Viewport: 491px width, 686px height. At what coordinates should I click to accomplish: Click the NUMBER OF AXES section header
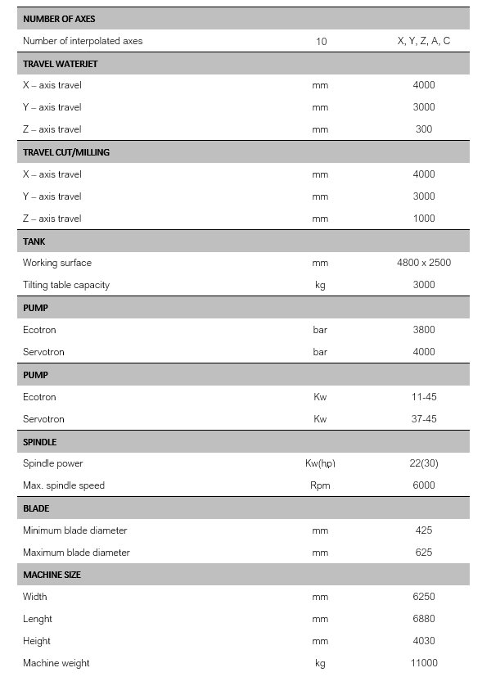click(59, 18)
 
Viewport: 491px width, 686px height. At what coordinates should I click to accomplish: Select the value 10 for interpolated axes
click(321, 41)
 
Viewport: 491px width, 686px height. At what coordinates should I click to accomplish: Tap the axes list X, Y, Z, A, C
click(423, 40)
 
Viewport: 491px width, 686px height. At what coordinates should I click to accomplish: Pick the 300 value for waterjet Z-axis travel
click(423, 129)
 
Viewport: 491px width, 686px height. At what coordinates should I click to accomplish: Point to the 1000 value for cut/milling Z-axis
click(423, 219)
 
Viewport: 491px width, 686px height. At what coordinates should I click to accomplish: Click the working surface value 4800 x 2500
click(423, 263)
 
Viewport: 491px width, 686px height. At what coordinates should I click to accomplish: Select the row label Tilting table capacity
click(66, 285)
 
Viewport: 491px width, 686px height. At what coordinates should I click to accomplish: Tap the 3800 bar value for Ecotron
click(423, 330)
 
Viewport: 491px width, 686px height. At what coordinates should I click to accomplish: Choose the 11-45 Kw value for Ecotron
click(423, 397)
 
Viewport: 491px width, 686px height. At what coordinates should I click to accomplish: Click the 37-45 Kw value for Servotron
click(423, 419)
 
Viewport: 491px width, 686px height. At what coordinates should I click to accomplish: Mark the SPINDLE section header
click(40, 442)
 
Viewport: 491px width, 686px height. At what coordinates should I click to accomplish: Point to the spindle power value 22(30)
click(423, 463)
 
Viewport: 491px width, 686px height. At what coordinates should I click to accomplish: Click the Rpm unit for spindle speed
click(320, 485)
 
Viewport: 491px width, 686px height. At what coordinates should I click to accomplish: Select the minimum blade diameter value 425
click(423, 530)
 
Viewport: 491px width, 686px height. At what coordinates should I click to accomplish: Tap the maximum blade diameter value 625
click(423, 553)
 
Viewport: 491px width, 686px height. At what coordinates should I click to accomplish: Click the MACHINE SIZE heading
click(52, 575)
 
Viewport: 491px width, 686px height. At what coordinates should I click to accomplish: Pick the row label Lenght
click(38, 619)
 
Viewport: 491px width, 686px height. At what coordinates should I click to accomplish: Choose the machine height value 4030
click(423, 641)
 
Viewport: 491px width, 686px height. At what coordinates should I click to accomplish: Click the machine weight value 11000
click(423, 663)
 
